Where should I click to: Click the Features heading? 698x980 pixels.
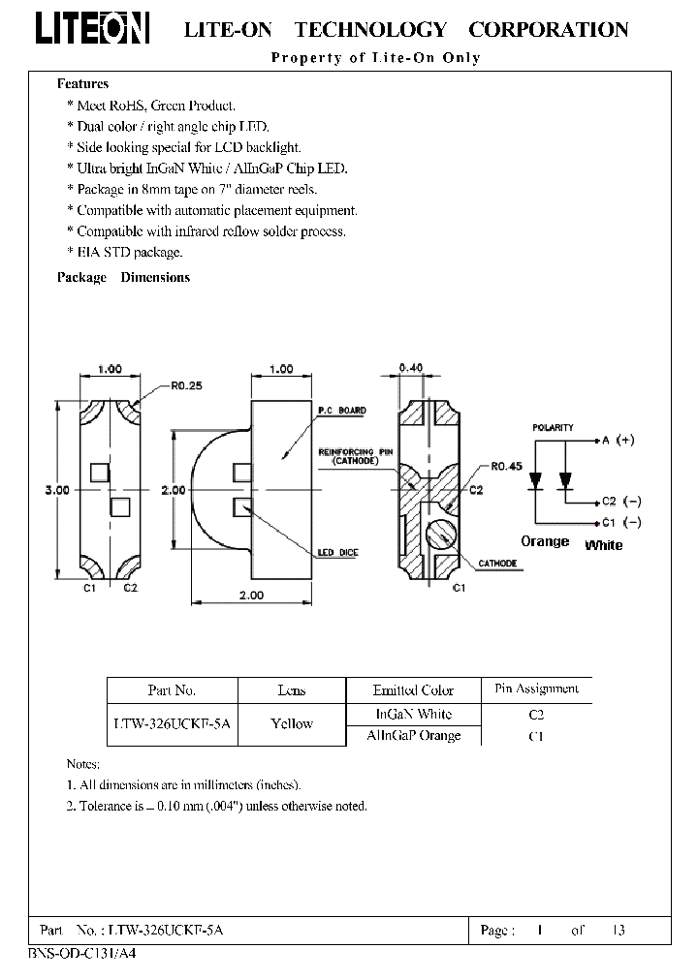(x=83, y=84)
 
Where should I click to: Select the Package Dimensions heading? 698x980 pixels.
(x=123, y=277)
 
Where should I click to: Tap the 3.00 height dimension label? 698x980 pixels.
(x=57, y=491)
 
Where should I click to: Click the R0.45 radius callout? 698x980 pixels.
(x=506, y=466)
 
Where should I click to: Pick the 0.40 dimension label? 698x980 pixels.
(x=412, y=368)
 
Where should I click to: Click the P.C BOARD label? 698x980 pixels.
(x=343, y=411)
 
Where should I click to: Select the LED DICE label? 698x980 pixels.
(x=338, y=553)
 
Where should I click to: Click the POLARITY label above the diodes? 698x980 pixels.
(x=553, y=427)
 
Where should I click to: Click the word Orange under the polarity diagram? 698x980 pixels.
(x=545, y=541)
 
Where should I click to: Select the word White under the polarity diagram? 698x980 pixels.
(x=604, y=545)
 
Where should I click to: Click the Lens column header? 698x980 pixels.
(x=291, y=690)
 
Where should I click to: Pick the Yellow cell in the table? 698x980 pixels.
(x=291, y=723)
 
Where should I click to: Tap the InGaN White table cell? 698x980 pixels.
(x=413, y=714)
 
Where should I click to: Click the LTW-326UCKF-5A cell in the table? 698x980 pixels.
(x=172, y=723)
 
